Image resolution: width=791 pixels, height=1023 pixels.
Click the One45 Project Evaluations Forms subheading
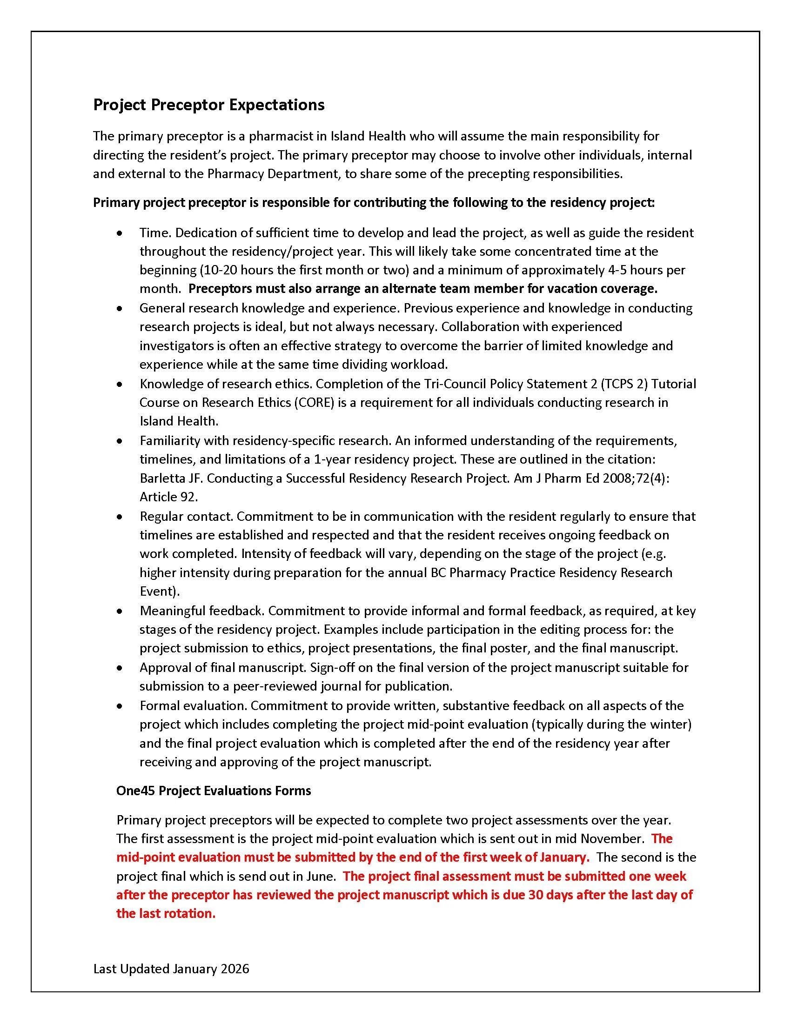click(x=213, y=790)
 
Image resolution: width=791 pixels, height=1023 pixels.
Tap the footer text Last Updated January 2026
click(x=171, y=969)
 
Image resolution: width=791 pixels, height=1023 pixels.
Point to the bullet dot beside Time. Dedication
click(x=121, y=233)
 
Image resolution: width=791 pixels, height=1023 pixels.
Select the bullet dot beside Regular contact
click(x=121, y=517)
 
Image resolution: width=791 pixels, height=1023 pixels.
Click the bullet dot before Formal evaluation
click(x=121, y=706)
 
